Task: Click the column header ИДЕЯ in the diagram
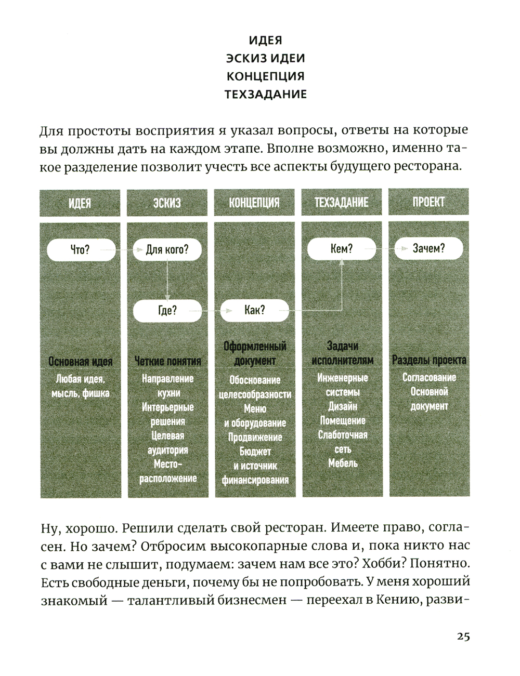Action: [x=80, y=203]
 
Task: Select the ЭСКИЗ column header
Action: [x=167, y=203]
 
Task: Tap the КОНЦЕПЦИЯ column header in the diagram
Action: [x=254, y=203]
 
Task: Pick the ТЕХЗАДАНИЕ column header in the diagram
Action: [x=342, y=203]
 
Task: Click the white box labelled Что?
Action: [x=81, y=250]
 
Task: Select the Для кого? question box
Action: [x=167, y=250]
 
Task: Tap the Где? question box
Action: [x=167, y=311]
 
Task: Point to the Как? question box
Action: [x=254, y=311]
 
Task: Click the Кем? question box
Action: [x=342, y=249]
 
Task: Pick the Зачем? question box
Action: [x=428, y=249]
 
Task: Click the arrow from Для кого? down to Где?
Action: [x=167, y=281]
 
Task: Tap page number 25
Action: [x=463, y=637]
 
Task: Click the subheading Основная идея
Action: [x=80, y=361]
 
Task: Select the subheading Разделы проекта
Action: [x=429, y=360]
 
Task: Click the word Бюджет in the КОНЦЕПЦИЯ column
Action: [x=255, y=452]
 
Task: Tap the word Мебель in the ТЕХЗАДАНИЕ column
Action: [x=343, y=462]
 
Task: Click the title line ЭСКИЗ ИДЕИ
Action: [x=265, y=58]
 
